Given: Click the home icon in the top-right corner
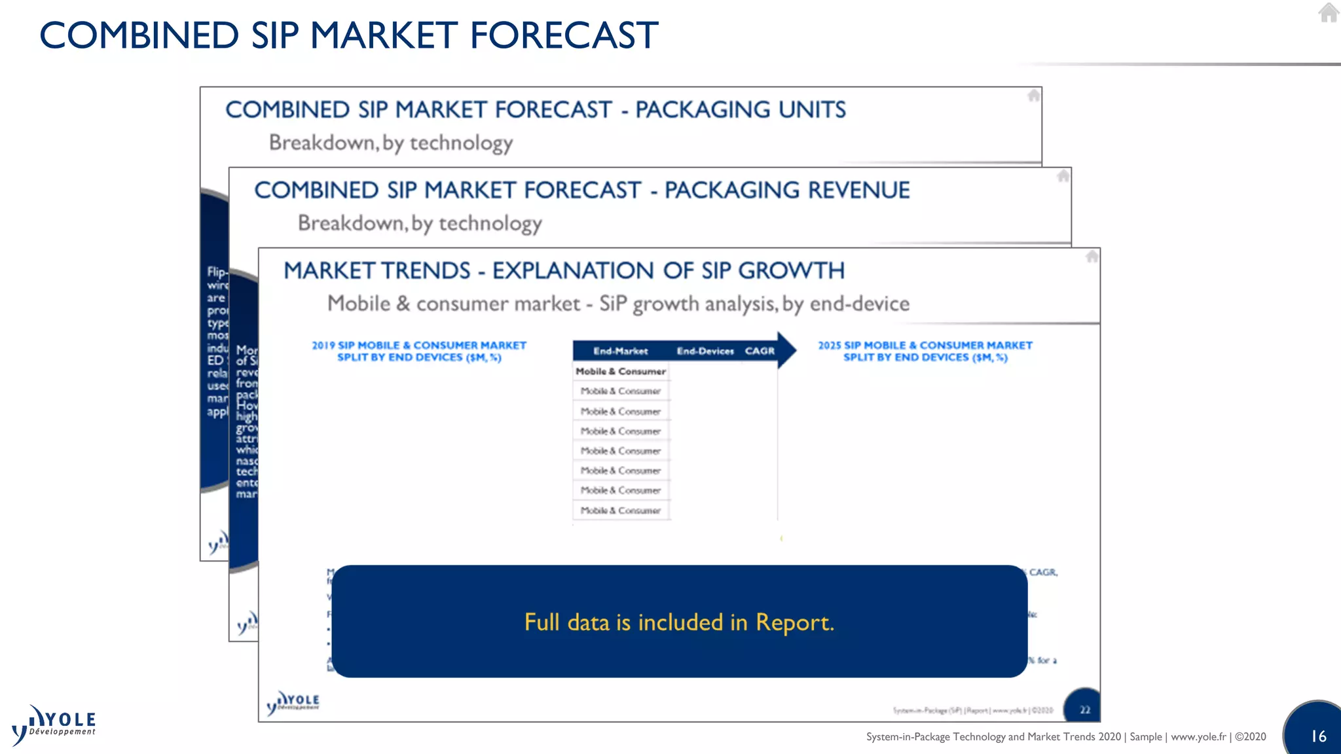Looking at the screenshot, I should [1329, 13].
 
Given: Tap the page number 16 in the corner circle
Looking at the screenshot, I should [1318, 736].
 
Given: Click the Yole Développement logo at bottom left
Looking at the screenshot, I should [54, 725].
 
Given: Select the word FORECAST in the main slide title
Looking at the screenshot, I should [564, 35].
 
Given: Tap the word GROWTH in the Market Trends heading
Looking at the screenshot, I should [792, 271].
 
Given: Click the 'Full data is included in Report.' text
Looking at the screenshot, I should [679, 622].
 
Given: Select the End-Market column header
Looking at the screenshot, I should [620, 351].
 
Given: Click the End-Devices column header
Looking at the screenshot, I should [705, 351].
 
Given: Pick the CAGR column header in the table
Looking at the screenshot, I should [760, 351].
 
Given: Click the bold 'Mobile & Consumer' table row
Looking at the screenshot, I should [620, 372].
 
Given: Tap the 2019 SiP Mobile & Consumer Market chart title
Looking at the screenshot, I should [419, 351].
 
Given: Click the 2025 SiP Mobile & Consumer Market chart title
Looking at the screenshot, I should [925, 351].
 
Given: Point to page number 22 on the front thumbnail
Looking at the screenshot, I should [1085, 710].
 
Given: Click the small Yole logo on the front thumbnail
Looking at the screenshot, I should [293, 703].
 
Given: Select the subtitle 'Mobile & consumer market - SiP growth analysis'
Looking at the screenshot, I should [618, 304].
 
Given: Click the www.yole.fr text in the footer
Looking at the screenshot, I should [1198, 737].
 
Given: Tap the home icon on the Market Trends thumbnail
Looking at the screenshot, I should [1092, 257].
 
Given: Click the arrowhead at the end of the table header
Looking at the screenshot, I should [786, 350].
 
